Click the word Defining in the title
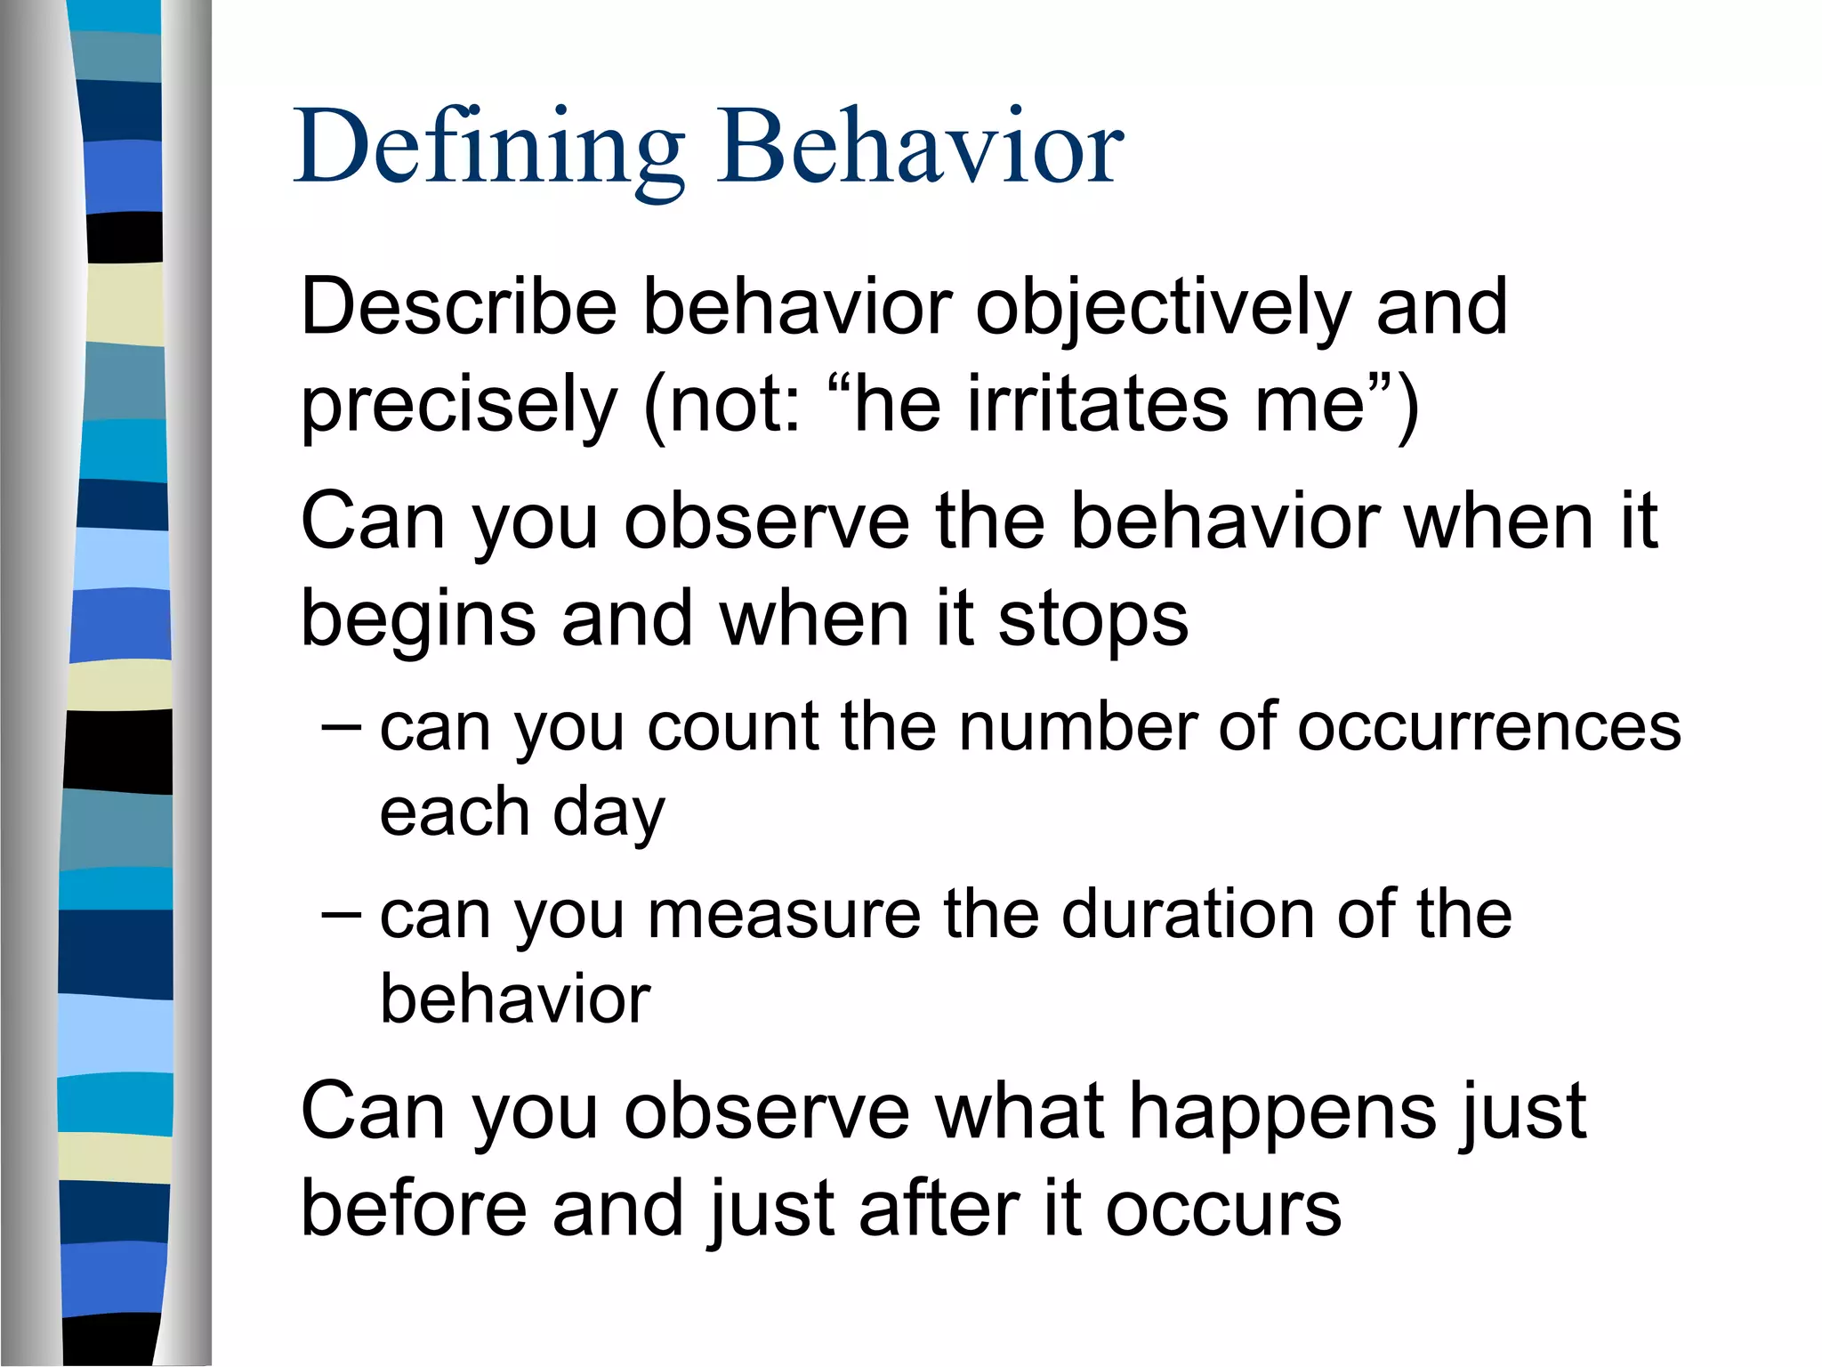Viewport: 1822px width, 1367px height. [489, 147]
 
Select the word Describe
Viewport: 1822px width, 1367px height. [459, 307]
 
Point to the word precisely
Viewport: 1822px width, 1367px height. [459, 405]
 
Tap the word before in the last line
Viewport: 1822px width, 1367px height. [414, 1209]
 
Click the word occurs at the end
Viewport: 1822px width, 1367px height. [1222, 1209]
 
